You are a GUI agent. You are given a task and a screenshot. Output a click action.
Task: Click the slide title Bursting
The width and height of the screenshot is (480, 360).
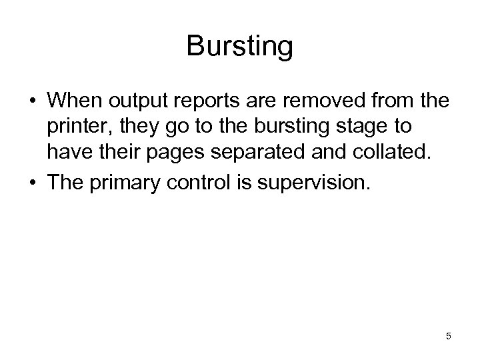239,47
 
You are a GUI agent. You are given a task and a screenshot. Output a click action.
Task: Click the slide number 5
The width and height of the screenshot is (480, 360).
449,336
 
